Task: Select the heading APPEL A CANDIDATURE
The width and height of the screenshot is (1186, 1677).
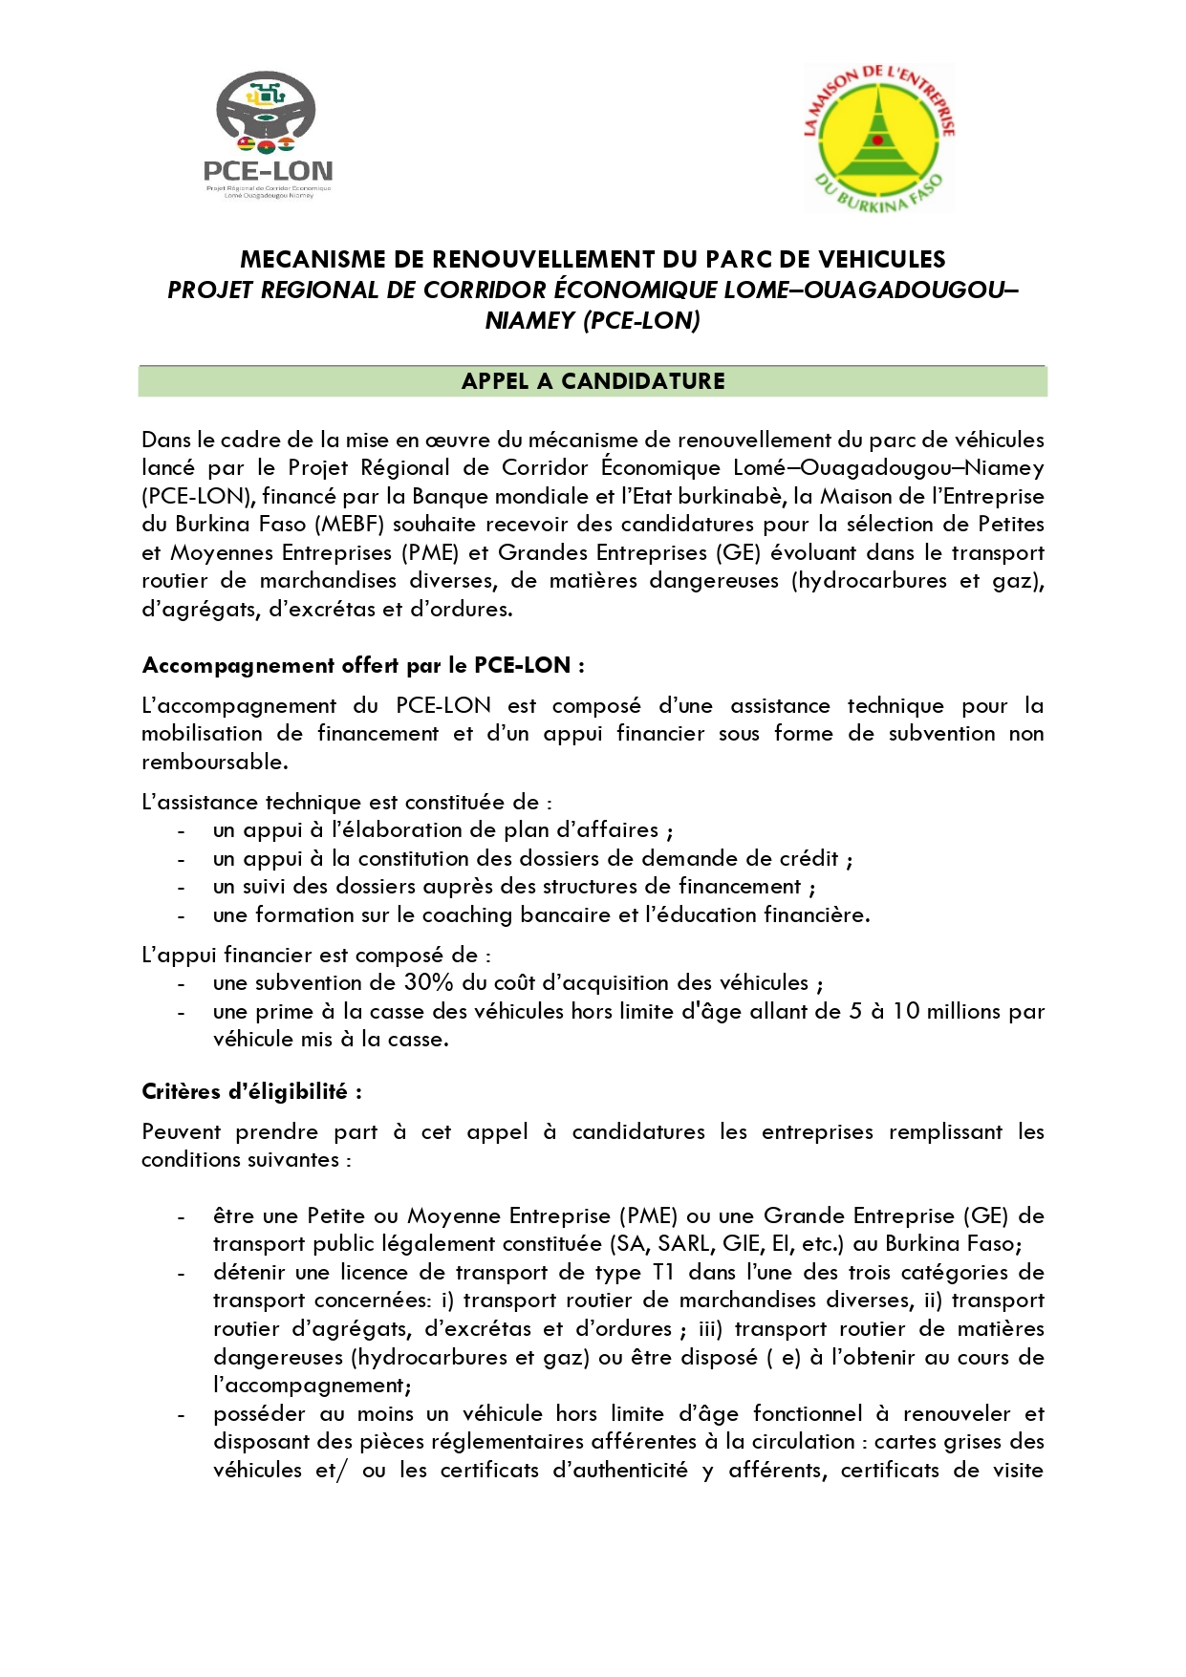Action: (593, 381)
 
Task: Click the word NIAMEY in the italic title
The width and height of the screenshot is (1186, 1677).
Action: (529, 320)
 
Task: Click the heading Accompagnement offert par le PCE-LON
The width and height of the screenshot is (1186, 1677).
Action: (363, 665)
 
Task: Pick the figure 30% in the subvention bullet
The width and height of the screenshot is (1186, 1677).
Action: (428, 982)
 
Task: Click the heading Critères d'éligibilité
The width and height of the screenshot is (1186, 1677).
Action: (251, 1091)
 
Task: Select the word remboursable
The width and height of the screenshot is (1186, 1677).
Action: (214, 762)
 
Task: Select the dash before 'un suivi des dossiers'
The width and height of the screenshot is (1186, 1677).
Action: (181, 887)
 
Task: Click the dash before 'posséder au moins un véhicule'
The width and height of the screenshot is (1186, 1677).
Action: (181, 1413)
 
